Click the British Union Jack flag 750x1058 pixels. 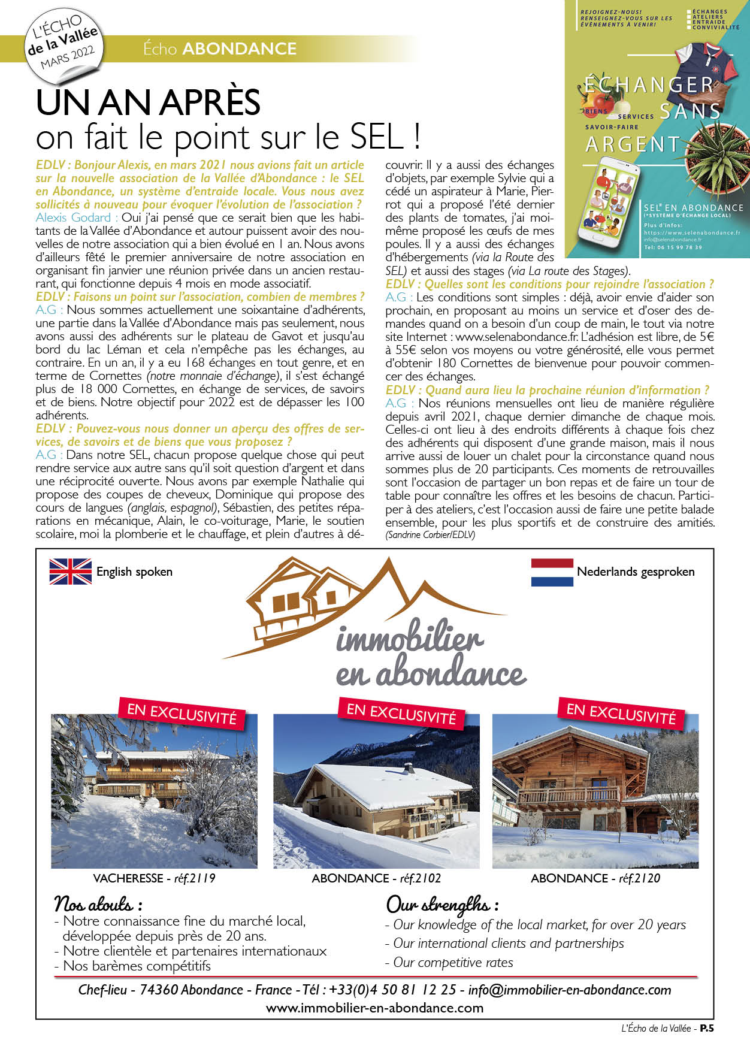pos(70,571)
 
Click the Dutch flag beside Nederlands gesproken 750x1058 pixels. pos(552,572)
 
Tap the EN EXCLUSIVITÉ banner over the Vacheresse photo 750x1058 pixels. pos(182,714)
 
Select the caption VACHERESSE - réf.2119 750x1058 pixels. pos(154,878)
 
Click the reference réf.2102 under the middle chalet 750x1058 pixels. pos(421,878)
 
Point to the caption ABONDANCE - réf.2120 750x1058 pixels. pos(595,878)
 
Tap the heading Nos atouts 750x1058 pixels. pos(98,903)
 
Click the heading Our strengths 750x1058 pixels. pos(442,903)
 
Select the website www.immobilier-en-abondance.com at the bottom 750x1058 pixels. pos(374,1008)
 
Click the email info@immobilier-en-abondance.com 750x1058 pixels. pos(570,990)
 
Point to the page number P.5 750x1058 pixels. pos(707,1028)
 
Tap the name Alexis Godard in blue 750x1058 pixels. pos(73,217)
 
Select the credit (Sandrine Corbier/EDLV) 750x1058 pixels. pos(430,534)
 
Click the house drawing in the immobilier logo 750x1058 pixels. pos(300,599)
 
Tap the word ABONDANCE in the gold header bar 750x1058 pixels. pos(239,49)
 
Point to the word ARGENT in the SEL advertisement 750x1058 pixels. pos(633,144)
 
